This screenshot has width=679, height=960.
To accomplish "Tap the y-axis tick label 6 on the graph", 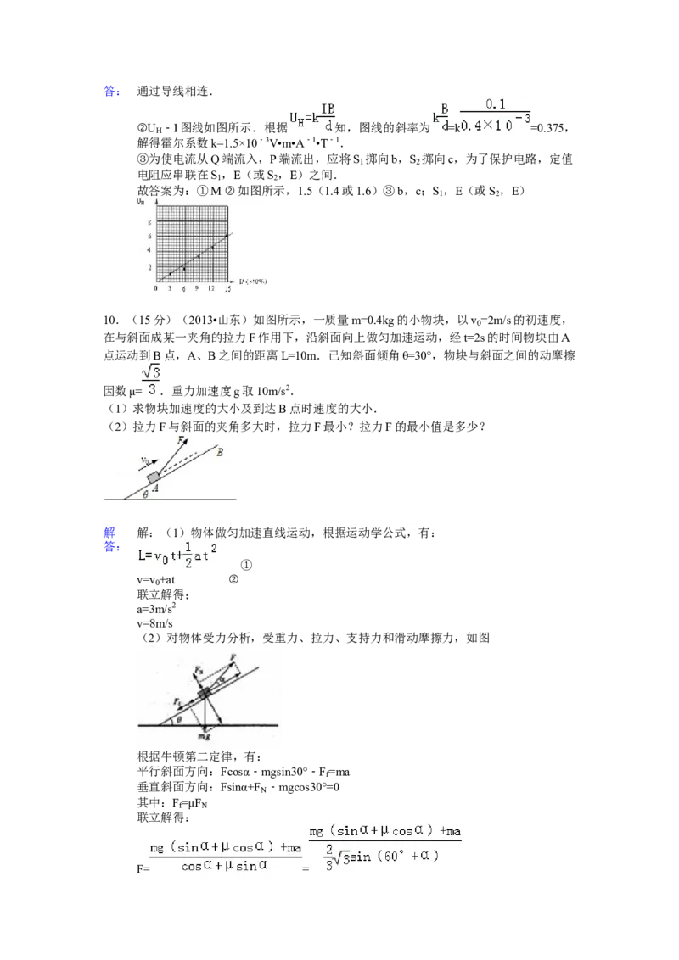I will (x=150, y=236).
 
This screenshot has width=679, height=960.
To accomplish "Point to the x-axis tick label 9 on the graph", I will (x=197, y=288).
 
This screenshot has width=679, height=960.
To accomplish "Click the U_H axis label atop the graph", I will (x=141, y=202).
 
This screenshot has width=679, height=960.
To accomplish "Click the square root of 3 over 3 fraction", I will (x=149, y=379).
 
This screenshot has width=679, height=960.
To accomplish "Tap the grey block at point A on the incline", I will (x=154, y=477).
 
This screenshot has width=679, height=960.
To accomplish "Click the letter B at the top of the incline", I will (x=220, y=452).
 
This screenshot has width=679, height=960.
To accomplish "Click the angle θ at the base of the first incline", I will (x=146, y=494).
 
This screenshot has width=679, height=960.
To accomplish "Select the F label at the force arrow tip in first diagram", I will (x=180, y=440).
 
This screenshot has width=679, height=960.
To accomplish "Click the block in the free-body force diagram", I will (x=204, y=694).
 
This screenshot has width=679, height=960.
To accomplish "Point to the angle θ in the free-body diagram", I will (x=177, y=720).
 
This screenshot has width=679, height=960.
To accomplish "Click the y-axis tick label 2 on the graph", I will (x=150, y=266).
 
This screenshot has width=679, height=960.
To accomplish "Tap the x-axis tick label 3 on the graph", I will (x=169, y=288).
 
